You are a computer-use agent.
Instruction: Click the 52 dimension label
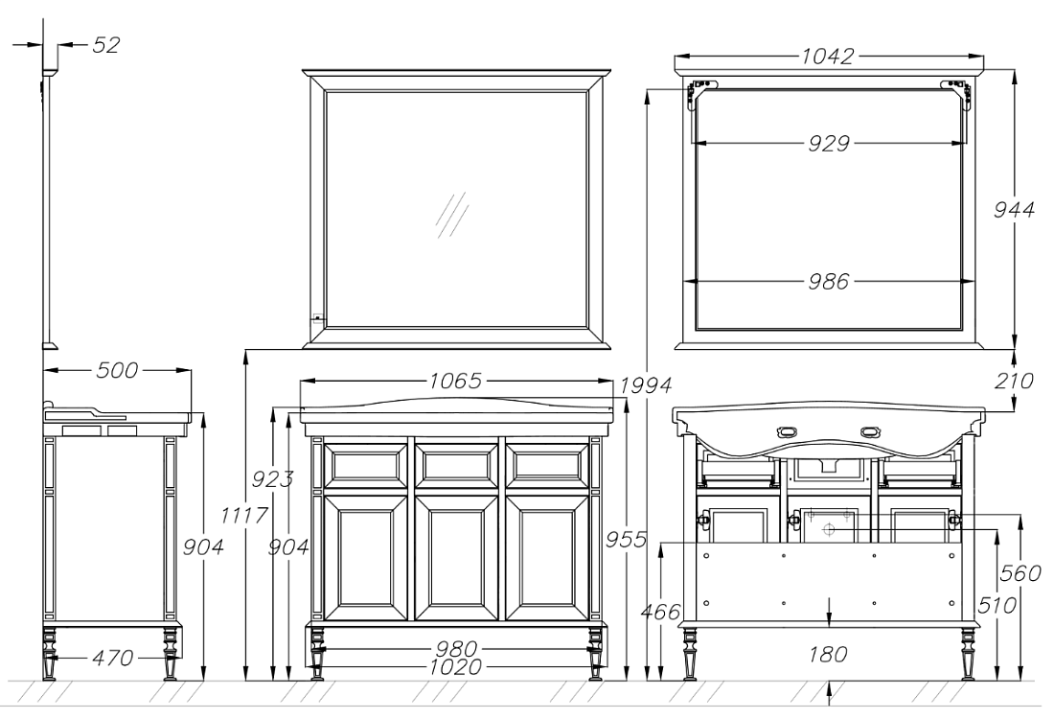click(x=105, y=45)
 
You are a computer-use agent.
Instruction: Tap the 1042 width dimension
click(x=828, y=56)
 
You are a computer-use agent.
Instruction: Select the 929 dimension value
click(x=829, y=143)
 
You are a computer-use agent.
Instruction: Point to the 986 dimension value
click(x=829, y=281)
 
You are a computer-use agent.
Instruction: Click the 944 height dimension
click(x=1014, y=210)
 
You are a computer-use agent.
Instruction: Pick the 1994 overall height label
click(x=645, y=385)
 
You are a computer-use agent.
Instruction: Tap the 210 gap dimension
click(x=1014, y=382)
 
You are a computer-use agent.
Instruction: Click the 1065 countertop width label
click(x=456, y=382)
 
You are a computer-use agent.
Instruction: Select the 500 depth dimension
click(x=117, y=370)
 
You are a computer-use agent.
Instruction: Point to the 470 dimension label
click(x=112, y=657)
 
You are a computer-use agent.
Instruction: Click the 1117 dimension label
click(x=244, y=516)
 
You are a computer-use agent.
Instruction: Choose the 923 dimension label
click(x=272, y=479)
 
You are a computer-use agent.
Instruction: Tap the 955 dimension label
click(x=626, y=540)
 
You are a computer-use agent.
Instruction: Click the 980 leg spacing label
click(x=456, y=650)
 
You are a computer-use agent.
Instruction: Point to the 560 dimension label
click(x=1020, y=573)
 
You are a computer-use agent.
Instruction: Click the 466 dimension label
click(x=661, y=612)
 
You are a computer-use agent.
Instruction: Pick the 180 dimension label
click(x=828, y=654)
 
